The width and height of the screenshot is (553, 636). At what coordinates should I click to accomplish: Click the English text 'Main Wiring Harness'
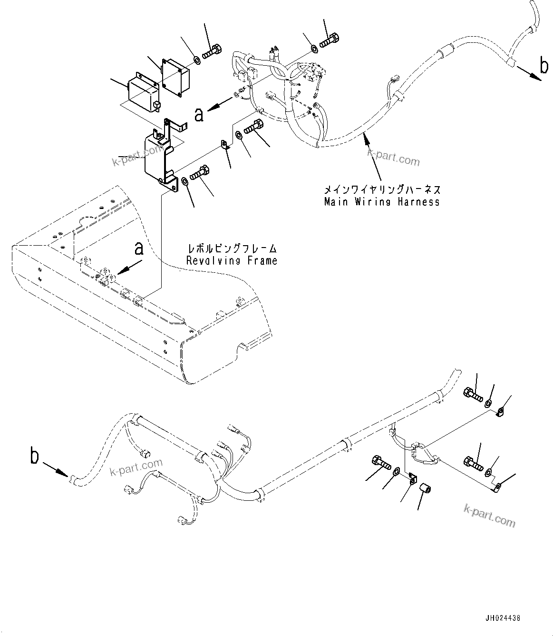click(x=382, y=202)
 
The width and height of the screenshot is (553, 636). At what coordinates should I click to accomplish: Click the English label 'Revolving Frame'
click(x=232, y=260)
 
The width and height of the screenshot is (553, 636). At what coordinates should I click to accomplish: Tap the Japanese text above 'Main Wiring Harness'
click(x=382, y=189)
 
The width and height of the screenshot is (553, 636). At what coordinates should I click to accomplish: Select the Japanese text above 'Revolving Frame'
click(x=232, y=248)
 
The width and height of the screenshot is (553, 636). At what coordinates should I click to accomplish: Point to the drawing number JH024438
click(x=504, y=618)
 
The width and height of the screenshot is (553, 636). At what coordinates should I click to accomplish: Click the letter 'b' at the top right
click(x=544, y=66)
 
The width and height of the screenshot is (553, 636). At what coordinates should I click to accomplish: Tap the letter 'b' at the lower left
click(x=34, y=456)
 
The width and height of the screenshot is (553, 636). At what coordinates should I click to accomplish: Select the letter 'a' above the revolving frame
click(x=138, y=248)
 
